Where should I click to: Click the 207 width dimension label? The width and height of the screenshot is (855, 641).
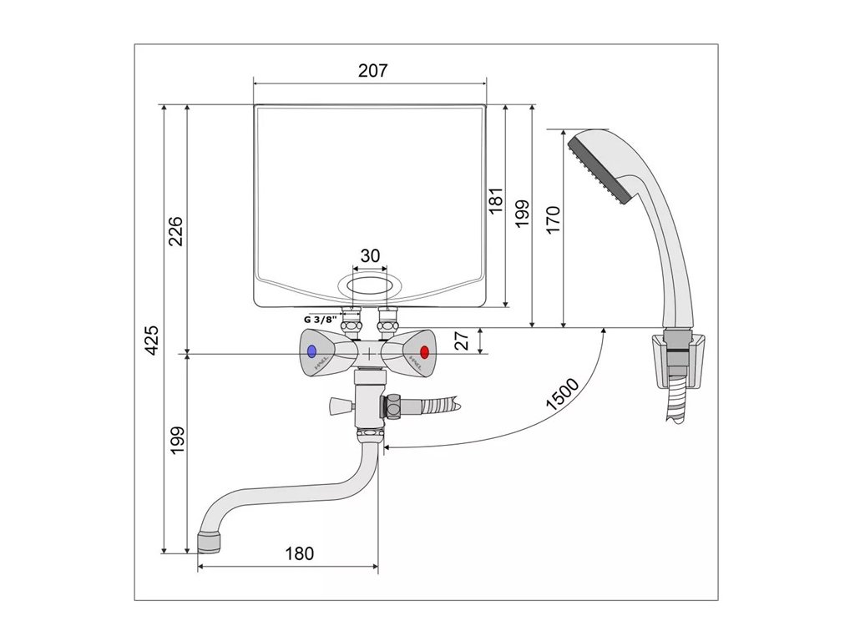[373, 71]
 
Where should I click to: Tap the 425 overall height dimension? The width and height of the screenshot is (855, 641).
[154, 341]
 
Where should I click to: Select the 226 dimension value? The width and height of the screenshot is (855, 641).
[175, 231]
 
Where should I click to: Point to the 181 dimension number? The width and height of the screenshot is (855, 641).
[496, 200]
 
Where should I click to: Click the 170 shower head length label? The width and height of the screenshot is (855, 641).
[553, 220]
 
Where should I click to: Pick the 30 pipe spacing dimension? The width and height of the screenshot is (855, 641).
[370, 255]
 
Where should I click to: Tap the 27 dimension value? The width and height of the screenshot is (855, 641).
[462, 341]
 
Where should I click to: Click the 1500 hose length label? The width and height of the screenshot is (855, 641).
[563, 394]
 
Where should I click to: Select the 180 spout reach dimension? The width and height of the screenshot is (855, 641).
[300, 553]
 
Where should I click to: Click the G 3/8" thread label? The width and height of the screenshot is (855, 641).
[321, 320]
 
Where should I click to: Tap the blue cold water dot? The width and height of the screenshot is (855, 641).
[312, 351]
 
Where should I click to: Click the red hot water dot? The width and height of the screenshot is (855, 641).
[424, 351]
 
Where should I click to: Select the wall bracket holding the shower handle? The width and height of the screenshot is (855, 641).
[679, 361]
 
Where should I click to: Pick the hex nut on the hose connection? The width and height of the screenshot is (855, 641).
[392, 407]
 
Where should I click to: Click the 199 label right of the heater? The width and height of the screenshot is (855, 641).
[522, 214]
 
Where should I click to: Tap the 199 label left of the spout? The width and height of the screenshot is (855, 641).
[177, 441]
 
